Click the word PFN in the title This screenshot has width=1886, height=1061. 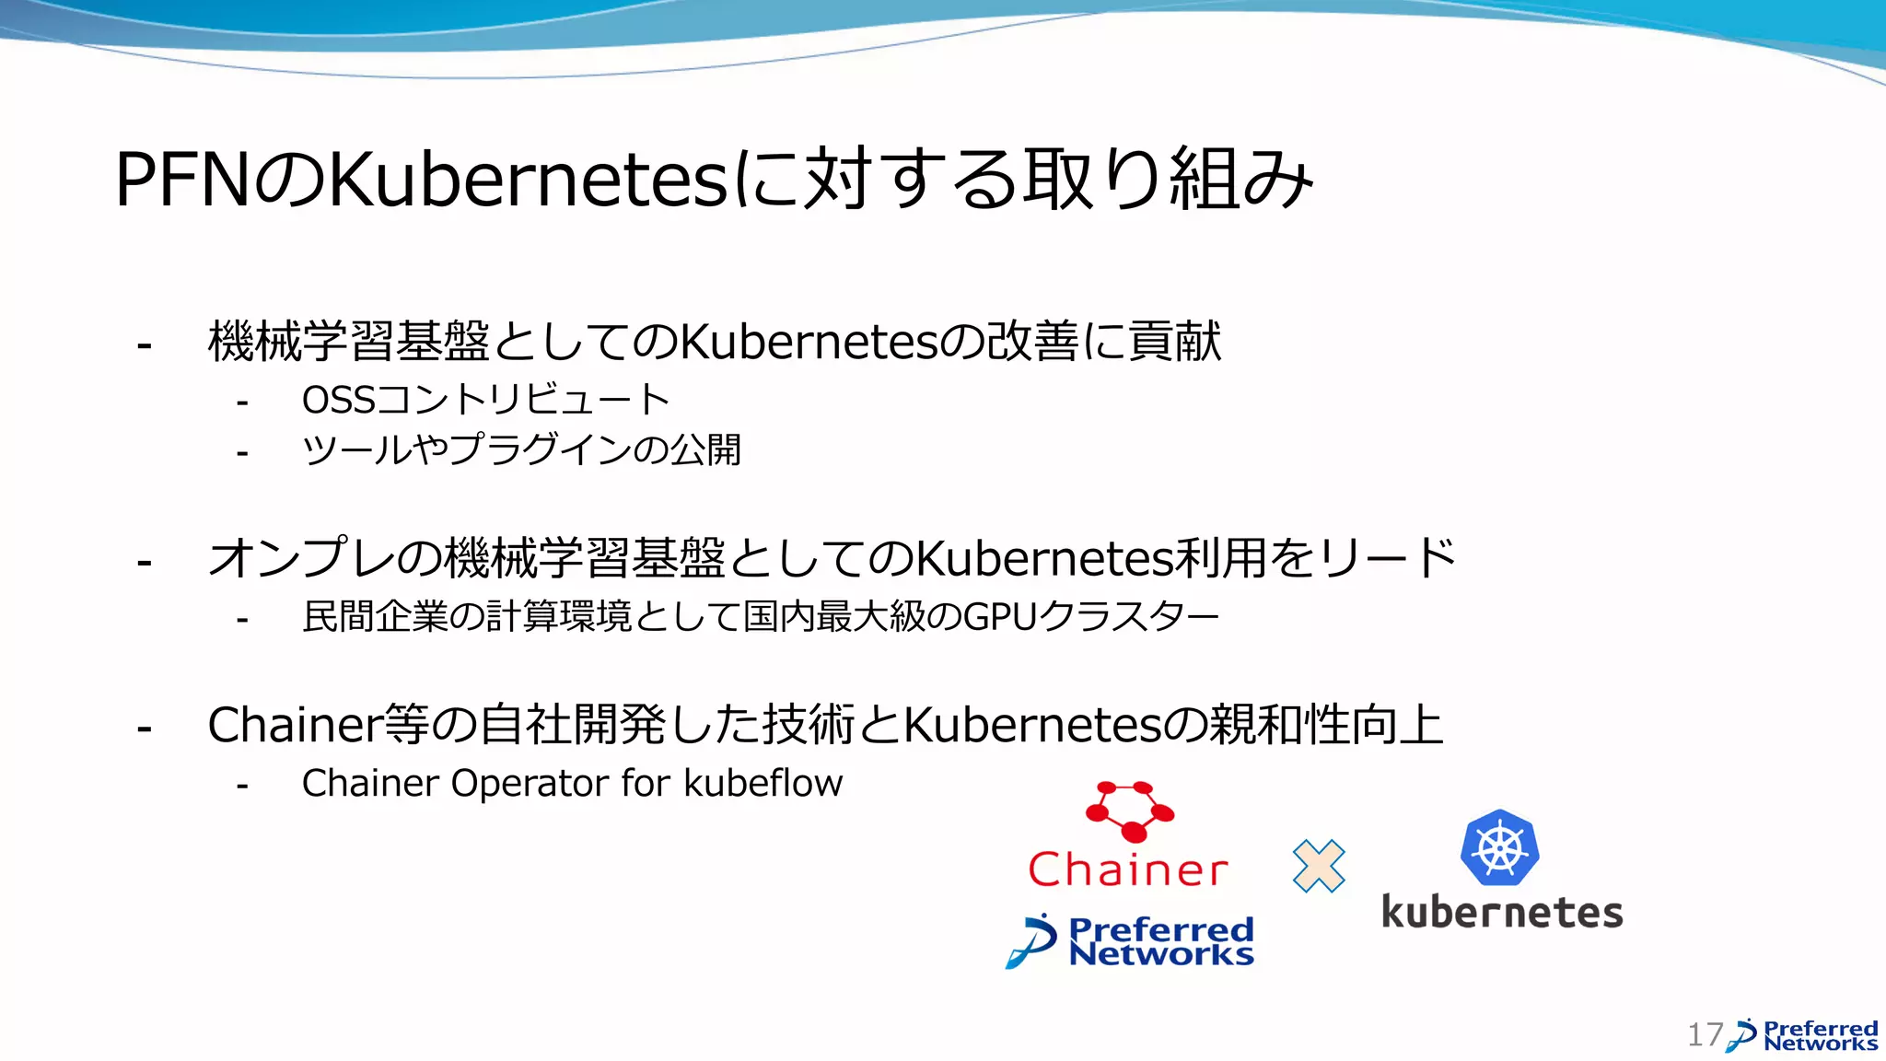pos(182,180)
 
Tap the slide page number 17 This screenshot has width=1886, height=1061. pos(1705,1034)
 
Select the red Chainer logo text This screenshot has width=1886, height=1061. pos(1128,869)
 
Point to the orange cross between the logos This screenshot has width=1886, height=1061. pos(1319,866)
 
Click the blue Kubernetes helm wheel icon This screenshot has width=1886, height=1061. pos(1499,848)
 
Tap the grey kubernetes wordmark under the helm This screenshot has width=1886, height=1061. pos(1502,913)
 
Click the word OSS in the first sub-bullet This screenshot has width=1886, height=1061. pos(339,400)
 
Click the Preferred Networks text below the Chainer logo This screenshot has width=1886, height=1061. pos(1160,941)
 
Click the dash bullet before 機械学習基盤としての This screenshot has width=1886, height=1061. pos(144,346)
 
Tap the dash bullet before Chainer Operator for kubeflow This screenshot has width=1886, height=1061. pos(242,786)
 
